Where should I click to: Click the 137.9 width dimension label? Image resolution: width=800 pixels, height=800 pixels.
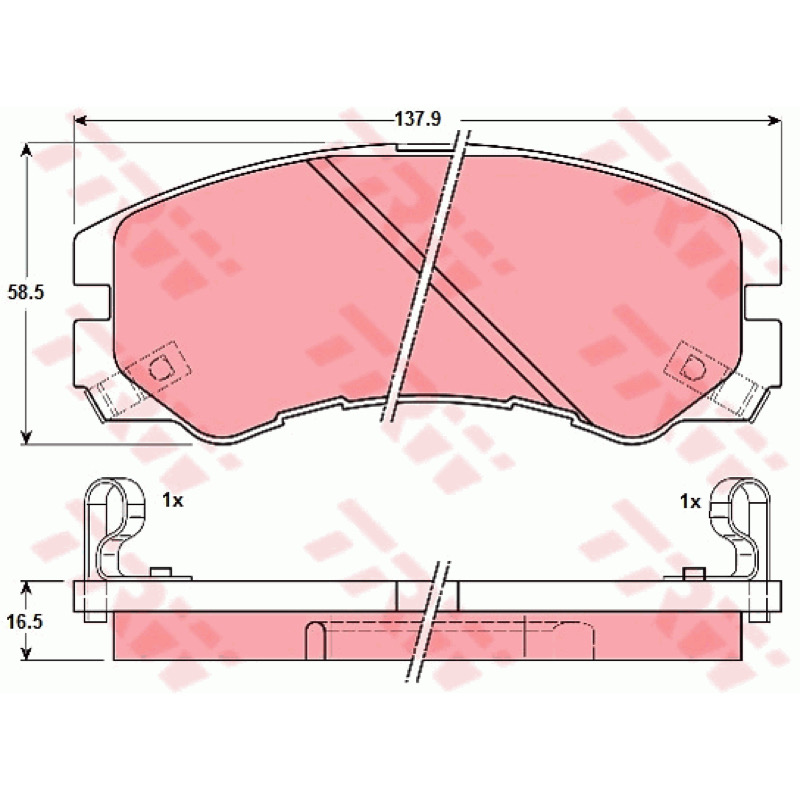coord(417,119)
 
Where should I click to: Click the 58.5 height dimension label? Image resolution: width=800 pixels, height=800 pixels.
coord(26,292)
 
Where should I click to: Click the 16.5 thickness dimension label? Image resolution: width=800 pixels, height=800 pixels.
coord(24,622)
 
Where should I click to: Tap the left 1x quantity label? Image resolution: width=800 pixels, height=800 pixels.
coord(172,501)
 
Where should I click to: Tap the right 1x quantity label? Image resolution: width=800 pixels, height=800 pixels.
coord(690,502)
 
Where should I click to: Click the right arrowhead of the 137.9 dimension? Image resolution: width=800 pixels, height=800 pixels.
coord(774,120)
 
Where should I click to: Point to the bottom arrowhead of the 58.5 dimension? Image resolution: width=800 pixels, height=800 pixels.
coord(27,436)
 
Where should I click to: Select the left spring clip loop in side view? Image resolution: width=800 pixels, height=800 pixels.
coord(115,526)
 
